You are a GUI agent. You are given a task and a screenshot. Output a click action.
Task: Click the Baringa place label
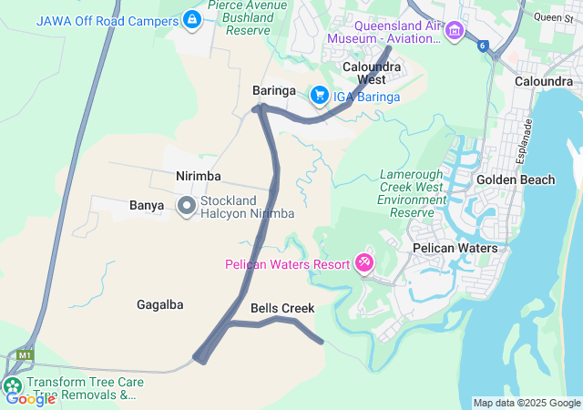point(273,91)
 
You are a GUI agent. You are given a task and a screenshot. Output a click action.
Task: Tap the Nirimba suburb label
point(199,175)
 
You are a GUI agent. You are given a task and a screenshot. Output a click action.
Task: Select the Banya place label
point(147,206)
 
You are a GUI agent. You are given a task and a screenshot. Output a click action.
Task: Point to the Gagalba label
point(160,304)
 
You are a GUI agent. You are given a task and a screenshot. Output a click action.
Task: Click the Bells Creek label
point(282,309)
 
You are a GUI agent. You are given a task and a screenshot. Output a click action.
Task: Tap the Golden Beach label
point(516,179)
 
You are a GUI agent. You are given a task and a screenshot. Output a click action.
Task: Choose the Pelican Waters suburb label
point(455,248)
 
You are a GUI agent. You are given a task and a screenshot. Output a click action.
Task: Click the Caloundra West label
point(371,73)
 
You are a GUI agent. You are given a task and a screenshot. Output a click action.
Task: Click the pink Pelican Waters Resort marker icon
point(363,263)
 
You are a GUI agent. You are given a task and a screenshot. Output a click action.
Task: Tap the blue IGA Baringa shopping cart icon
point(320,95)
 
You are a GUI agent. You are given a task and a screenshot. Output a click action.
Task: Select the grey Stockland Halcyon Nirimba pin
point(187,206)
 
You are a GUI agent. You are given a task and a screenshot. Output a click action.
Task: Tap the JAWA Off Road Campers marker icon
point(192,18)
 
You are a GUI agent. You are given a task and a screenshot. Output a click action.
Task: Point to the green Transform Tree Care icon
point(13,385)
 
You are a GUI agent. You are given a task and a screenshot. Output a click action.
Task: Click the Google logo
point(30,398)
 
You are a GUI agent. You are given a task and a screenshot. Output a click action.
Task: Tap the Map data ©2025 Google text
point(527,403)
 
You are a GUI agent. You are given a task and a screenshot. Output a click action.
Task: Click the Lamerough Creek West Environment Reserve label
point(411,193)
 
